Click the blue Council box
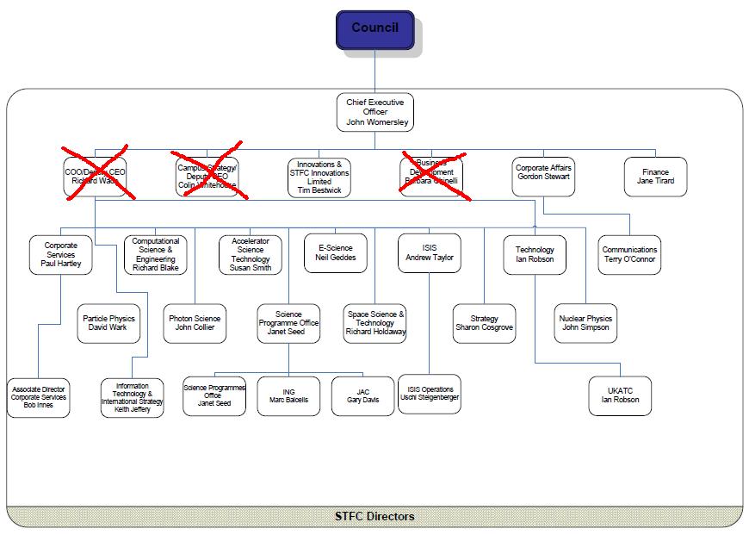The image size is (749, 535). [x=374, y=30]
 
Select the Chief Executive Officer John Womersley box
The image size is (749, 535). [x=374, y=112]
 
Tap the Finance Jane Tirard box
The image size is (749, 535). [x=655, y=177]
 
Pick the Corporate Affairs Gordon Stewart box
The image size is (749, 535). [x=543, y=177]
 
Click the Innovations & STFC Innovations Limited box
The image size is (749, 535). [x=319, y=177]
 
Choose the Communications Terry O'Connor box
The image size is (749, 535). [x=629, y=254]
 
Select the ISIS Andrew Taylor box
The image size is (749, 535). [x=430, y=253]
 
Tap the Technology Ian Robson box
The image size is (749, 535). [x=535, y=254]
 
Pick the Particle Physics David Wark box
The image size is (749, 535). [x=108, y=323]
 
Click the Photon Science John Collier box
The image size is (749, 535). [x=195, y=323]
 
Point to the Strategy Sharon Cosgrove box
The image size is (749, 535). [x=485, y=323]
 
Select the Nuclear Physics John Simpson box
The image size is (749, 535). [x=585, y=323]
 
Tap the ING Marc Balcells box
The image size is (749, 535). [x=288, y=395]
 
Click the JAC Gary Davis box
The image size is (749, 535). [x=362, y=395]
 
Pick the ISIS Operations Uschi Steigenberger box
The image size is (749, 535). [x=430, y=394]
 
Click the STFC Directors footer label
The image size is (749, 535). [x=374, y=516]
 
